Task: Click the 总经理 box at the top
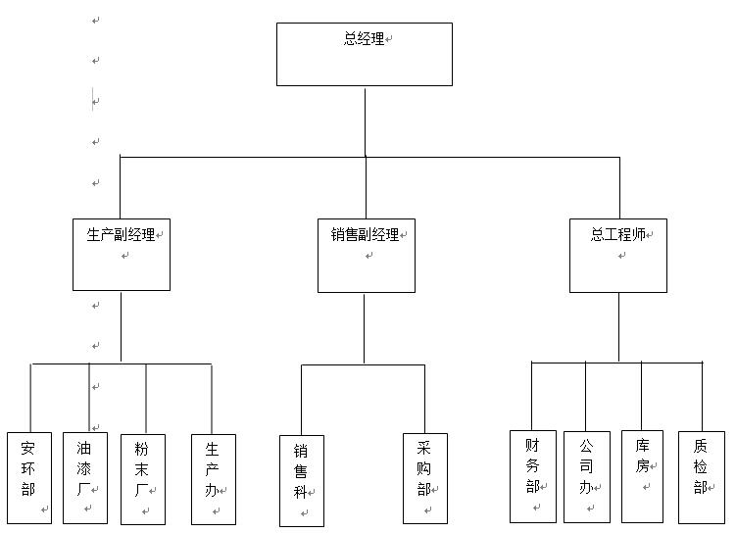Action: [x=364, y=55]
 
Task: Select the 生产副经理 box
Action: [x=122, y=255]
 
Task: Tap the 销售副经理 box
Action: [x=366, y=256]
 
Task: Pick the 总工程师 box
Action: [x=617, y=256]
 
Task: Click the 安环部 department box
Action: [x=29, y=478]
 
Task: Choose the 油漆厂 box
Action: [x=85, y=478]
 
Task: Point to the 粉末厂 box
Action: [x=143, y=478]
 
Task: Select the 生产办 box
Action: [x=213, y=478]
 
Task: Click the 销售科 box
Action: [x=302, y=480]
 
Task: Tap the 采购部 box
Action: [x=424, y=478]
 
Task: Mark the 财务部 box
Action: [x=532, y=476]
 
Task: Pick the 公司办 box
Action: [x=586, y=476]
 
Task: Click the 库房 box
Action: [x=642, y=476]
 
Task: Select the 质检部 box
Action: [x=701, y=476]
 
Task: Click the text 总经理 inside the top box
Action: [x=364, y=39]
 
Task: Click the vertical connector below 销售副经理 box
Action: [x=364, y=328]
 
